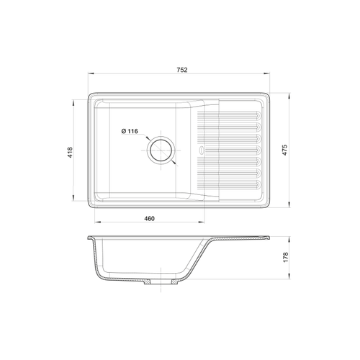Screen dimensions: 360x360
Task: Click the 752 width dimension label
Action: point(182,70)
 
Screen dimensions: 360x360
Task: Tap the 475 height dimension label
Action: point(284,150)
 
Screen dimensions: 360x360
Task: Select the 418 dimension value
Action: point(70,152)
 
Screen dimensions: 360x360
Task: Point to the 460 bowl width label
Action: point(149,219)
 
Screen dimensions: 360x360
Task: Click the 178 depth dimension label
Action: point(286,257)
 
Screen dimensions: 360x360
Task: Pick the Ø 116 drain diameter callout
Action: point(130,131)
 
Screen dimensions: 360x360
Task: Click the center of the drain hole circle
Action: point(161,150)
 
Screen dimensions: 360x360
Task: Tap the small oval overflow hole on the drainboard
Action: point(201,150)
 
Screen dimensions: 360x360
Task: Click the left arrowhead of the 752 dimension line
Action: point(91,73)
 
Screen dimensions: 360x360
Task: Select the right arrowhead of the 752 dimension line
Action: point(266,73)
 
